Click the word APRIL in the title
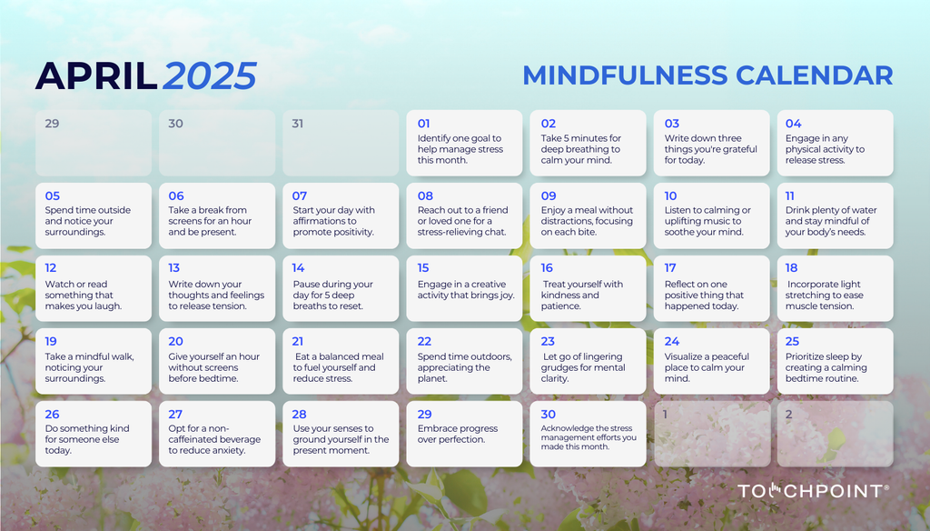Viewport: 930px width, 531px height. [95, 76]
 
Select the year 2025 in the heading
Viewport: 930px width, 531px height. [210, 76]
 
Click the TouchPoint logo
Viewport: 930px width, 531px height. [812, 491]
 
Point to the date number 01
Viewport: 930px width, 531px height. [424, 124]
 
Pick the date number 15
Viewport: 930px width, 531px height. [424, 268]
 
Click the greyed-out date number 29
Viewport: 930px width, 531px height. [52, 124]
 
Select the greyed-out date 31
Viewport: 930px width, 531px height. [298, 124]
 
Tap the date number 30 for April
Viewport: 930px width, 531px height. [548, 414]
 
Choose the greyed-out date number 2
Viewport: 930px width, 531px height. [789, 415]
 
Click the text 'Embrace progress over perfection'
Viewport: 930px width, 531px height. [458, 434]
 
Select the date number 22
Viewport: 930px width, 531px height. [424, 342]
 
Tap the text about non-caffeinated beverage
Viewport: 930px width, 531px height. [214, 439]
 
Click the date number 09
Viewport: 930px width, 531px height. [549, 195]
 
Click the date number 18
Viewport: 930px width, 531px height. [791, 268]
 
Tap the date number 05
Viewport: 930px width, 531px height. [53, 195]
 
